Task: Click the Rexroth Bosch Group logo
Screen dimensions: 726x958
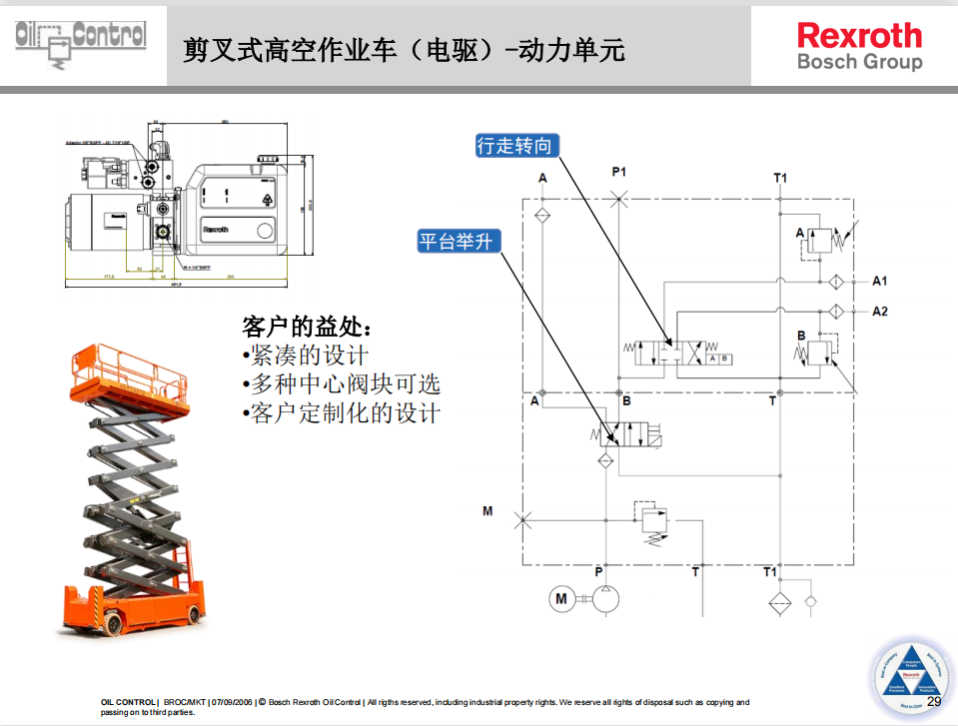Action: click(x=859, y=47)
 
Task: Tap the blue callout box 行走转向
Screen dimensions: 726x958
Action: click(x=514, y=146)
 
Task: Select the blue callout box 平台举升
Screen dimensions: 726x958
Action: click(x=456, y=241)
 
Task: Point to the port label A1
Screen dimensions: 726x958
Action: click(x=879, y=281)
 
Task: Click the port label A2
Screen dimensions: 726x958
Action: click(x=879, y=312)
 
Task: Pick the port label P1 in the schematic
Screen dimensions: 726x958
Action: click(x=619, y=172)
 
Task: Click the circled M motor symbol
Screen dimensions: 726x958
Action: click(x=561, y=598)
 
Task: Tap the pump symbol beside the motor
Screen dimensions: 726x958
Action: click(x=605, y=598)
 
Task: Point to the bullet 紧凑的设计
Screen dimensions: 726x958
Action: click(x=306, y=356)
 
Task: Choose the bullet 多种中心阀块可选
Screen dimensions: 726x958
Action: click(x=341, y=384)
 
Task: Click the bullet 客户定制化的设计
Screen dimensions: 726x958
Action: click(x=341, y=413)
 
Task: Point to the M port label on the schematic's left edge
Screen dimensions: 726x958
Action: click(x=487, y=511)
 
